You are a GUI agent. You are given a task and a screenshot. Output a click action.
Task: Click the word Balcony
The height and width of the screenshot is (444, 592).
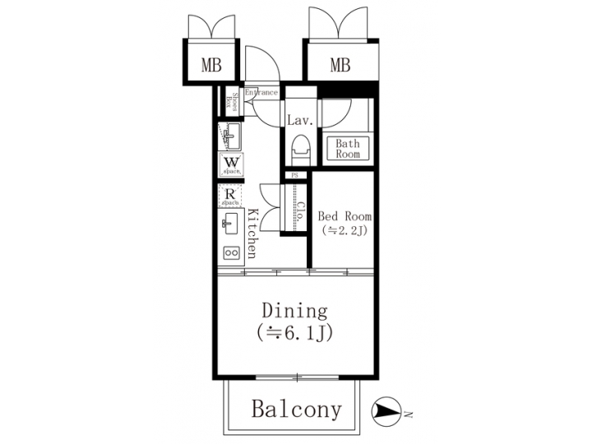pyautogui.click(x=295, y=409)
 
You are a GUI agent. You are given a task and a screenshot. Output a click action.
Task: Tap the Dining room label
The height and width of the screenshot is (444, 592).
pyautogui.click(x=294, y=312)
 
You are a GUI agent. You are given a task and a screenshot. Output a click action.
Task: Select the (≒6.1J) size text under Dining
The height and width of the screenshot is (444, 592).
pyautogui.click(x=294, y=333)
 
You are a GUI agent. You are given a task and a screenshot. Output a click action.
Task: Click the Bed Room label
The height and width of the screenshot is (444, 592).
pyautogui.click(x=345, y=216)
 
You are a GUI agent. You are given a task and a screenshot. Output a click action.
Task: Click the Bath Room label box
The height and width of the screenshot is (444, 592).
pyautogui.click(x=347, y=149)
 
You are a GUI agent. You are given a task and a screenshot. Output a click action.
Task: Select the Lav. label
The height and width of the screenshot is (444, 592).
pyautogui.click(x=298, y=121)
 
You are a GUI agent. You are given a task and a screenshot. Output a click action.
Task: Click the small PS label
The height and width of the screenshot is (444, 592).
pyautogui.click(x=294, y=175)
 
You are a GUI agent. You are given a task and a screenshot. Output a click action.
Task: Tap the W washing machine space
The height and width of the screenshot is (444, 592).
pyautogui.click(x=232, y=164)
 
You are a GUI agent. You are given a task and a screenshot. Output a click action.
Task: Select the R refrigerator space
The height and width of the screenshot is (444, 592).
pyautogui.click(x=231, y=196)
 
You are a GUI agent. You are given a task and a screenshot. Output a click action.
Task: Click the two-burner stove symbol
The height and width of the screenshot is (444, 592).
pyautogui.click(x=231, y=252)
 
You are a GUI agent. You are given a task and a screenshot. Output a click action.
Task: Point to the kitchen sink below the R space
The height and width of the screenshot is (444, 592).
pyautogui.click(x=229, y=223)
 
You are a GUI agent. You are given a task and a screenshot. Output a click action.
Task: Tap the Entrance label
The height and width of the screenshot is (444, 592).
pyautogui.click(x=261, y=93)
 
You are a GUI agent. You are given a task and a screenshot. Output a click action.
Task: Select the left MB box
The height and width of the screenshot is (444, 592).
pyautogui.click(x=211, y=66)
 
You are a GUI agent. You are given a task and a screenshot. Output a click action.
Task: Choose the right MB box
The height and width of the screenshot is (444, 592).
pyautogui.click(x=340, y=66)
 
